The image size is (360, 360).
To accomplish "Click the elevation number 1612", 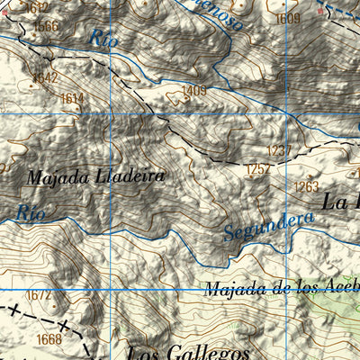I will pyautogui.click(x=37, y=7).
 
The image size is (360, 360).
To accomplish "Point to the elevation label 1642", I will pyautogui.click(x=44, y=78).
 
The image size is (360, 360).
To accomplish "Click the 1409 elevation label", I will pyautogui.click(x=193, y=91).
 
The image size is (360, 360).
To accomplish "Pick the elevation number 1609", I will pyautogui.click(x=289, y=18).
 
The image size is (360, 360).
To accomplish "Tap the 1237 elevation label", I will pyautogui.click(x=280, y=150).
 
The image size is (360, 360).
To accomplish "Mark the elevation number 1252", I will pyautogui.click(x=258, y=168).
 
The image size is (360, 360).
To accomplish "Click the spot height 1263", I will pyautogui.click(x=306, y=186).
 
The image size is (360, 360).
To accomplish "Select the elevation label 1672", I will pyautogui.click(x=38, y=295).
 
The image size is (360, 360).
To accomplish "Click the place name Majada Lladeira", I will pyautogui.click(x=95, y=176).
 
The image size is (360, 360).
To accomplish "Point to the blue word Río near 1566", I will pyautogui.click(x=103, y=38).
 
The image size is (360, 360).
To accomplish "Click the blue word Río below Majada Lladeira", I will pyautogui.click(x=31, y=213).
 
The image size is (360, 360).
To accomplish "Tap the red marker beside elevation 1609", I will pyautogui.click(x=319, y=13).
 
